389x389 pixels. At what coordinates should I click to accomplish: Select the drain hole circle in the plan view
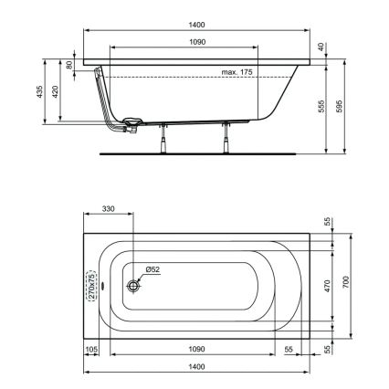tap(133, 286)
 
